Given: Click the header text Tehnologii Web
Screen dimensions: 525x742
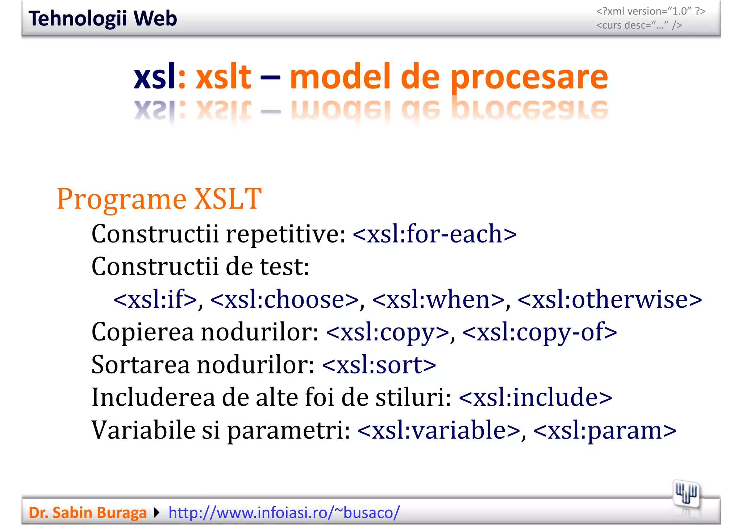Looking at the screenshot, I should (103, 18).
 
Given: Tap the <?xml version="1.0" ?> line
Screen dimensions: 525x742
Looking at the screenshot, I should (651, 11).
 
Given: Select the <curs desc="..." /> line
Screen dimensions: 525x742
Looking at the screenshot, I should (639, 25).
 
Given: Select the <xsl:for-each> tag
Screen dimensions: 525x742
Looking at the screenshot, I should (434, 234).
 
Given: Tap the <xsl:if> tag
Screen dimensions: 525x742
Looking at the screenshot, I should (155, 299).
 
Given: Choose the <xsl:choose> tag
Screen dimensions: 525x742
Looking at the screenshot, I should (284, 299).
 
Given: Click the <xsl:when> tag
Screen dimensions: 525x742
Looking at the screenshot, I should (438, 299).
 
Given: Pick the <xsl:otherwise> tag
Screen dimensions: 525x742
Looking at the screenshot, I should (610, 299).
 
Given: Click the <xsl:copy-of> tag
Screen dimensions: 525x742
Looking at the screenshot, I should (539, 332).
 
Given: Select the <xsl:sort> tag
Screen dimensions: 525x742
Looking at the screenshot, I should (379, 365).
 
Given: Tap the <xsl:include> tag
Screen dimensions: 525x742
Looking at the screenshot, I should (535, 397).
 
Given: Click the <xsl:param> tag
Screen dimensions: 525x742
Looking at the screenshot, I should (605, 430).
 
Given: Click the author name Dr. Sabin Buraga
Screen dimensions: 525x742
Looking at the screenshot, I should (87, 513).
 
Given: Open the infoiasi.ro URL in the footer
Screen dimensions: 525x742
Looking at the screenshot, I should (284, 513).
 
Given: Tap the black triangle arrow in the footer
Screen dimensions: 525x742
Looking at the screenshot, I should (157, 513).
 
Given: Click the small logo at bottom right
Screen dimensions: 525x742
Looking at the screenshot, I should (686, 494).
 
